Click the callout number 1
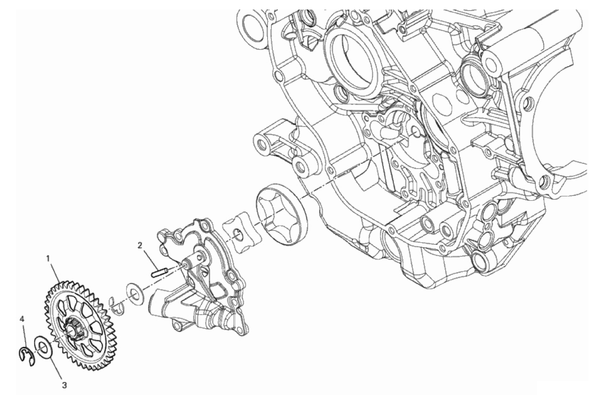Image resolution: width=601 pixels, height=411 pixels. click(x=48, y=259)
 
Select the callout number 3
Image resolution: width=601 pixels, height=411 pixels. click(x=64, y=385)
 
